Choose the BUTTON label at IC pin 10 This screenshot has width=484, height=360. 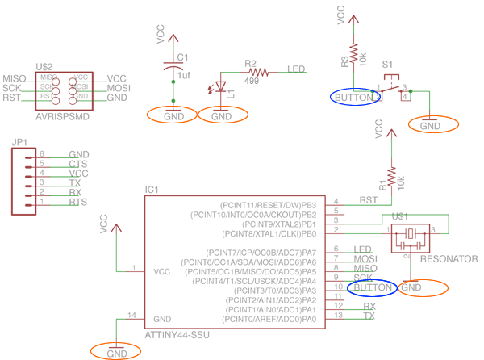pos(372,287)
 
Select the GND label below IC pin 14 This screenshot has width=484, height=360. pos(117,352)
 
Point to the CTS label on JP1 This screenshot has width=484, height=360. pos(78,164)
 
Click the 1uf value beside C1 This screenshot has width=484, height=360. pos(185,75)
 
